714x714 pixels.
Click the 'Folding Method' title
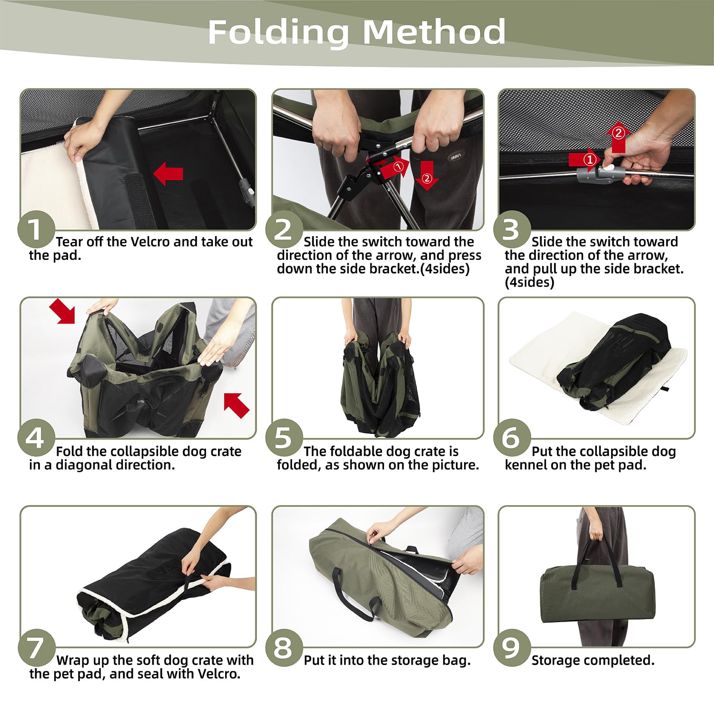pos(357,32)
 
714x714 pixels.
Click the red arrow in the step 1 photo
pos(168,173)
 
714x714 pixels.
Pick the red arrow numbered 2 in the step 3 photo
pos(618,138)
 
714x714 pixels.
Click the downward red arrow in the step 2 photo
pos(426,175)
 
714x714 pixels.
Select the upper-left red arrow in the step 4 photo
pos(62,311)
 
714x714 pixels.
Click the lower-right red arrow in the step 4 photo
pos(237,406)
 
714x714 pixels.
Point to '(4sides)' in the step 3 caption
pos(529,282)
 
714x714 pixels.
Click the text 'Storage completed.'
pos(593,660)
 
